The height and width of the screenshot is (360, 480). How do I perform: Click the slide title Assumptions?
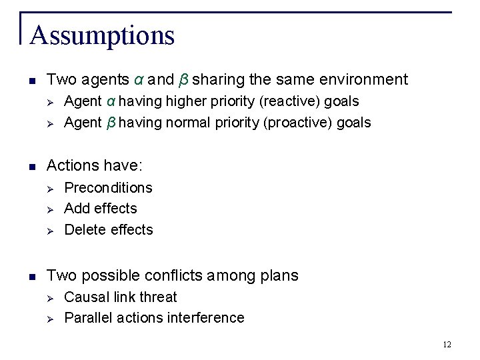[x=102, y=35]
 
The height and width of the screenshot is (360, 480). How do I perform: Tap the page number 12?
[x=447, y=344]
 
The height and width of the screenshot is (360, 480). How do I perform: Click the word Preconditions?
[x=108, y=188]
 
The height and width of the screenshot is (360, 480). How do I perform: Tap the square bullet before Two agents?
[x=32, y=81]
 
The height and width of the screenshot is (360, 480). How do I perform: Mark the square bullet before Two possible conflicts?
[x=32, y=276]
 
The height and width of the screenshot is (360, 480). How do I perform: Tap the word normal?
[x=185, y=123]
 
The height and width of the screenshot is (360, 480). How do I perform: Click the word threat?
[x=157, y=297]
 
